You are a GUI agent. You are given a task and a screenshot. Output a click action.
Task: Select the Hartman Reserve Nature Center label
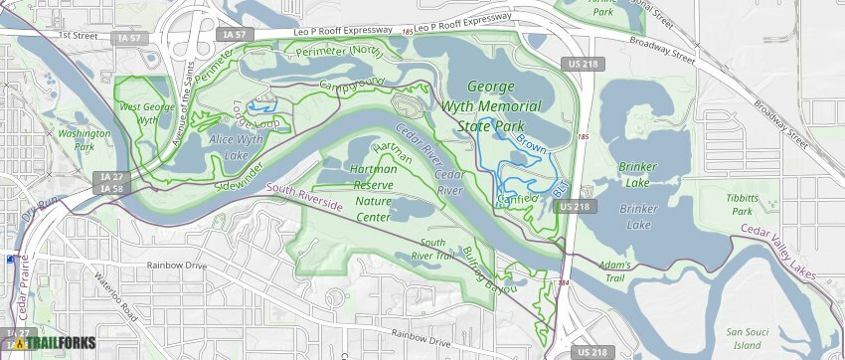[x=374, y=186]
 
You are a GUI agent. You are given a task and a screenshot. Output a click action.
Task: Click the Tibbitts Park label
[x=742, y=204]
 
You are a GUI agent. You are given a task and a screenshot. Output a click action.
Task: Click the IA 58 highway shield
[x=111, y=188]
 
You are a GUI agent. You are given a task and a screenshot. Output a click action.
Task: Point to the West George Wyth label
[x=140, y=113]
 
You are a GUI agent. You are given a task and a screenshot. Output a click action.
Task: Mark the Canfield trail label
[x=519, y=198]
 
